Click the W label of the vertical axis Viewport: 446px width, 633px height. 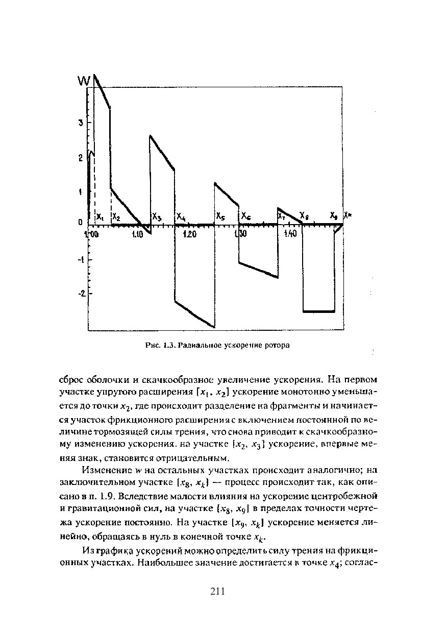pos(84,80)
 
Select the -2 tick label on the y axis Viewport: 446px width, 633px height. pos(80,294)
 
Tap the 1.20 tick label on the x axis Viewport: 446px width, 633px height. pos(189,234)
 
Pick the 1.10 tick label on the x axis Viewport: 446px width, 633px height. pos(137,234)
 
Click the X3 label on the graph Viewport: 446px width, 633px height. pos(157,217)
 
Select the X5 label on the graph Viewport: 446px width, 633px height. pos(220,216)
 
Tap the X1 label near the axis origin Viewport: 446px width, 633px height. pos(100,217)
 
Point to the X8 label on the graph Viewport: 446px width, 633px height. pos(304,216)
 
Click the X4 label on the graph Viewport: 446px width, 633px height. pos(181,217)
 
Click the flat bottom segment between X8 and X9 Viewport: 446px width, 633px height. pos(319,311)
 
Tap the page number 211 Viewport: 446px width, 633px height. pos(217,592)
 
